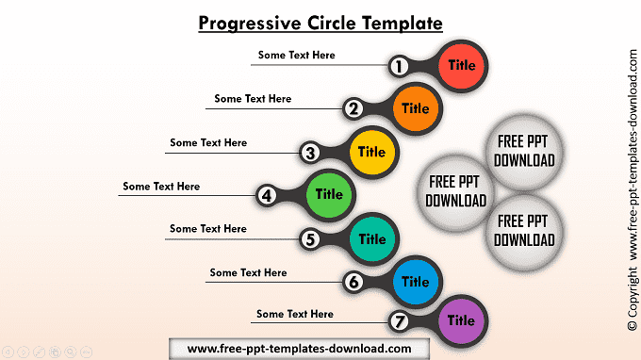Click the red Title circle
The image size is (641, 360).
point(462,66)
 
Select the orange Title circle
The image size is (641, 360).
point(416,108)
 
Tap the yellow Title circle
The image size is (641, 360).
point(372,152)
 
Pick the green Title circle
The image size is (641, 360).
point(329,195)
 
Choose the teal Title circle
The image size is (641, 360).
point(372,239)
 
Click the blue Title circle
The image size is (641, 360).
point(416,282)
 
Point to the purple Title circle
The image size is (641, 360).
point(462,320)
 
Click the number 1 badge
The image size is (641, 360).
point(399,66)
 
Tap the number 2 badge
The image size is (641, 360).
point(353,108)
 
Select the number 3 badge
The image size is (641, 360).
point(310,153)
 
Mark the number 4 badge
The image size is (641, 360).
point(267,195)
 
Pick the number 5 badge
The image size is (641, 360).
point(310,239)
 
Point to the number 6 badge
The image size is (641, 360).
point(353,282)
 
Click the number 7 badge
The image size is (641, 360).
point(399,321)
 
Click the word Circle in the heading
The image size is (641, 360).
point(332,23)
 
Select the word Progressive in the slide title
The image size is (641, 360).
point(250,24)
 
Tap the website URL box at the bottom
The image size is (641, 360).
point(299,349)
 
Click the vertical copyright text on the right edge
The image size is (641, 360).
point(633,190)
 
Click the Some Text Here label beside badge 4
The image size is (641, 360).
point(161,187)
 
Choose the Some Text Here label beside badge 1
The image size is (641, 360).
point(296,56)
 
